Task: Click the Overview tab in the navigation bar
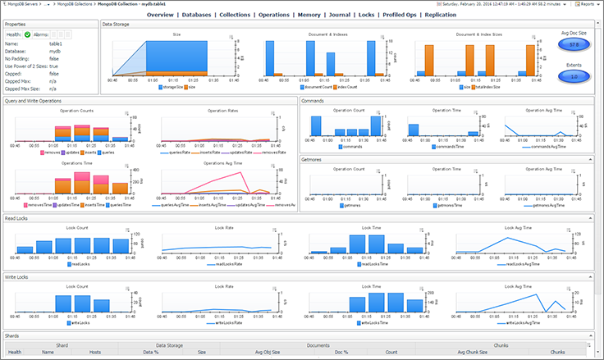coord(160,15)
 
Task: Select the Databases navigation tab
coord(202,15)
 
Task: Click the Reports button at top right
coord(587,4)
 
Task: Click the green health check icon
coord(27,34)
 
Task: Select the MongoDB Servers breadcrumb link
coord(22,4)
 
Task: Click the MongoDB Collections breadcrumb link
coord(72,4)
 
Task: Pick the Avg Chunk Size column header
coord(471,352)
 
